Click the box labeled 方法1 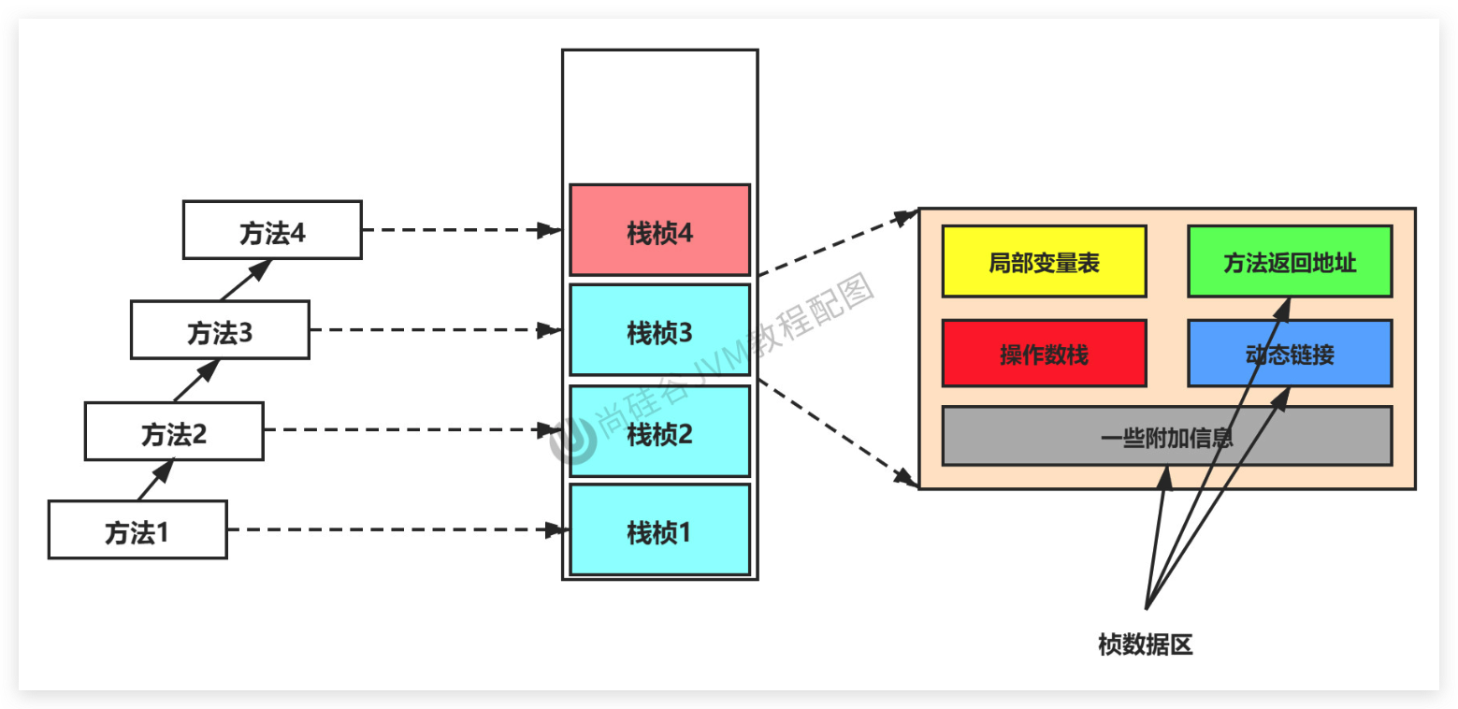click(x=137, y=529)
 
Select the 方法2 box click(x=174, y=431)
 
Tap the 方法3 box click(x=220, y=330)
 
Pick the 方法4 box click(x=272, y=230)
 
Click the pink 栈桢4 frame click(x=659, y=230)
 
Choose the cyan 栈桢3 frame click(x=659, y=330)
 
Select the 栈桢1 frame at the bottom click(x=659, y=529)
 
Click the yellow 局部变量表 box click(x=1044, y=262)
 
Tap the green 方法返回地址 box click(x=1290, y=262)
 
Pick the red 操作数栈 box click(x=1044, y=354)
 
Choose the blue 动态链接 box click(x=1290, y=354)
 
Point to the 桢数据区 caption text click(x=1146, y=644)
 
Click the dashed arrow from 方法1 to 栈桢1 click(x=393, y=529)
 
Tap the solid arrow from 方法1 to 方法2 click(x=156, y=479)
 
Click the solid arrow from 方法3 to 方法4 click(x=246, y=279)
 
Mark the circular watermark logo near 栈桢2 click(x=573, y=441)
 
